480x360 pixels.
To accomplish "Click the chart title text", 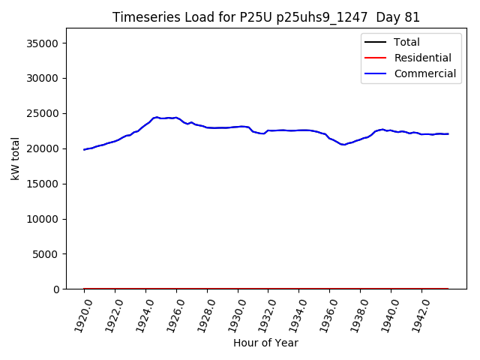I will [x=266, y=17].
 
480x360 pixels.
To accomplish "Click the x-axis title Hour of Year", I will [x=265, y=343].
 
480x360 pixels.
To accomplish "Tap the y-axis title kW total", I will [x=15, y=158].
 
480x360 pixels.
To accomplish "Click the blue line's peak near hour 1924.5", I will [x=156, y=117].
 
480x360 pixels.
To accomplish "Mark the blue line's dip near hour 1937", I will [x=343, y=145].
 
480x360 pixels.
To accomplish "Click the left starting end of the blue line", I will [x=84, y=149].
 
